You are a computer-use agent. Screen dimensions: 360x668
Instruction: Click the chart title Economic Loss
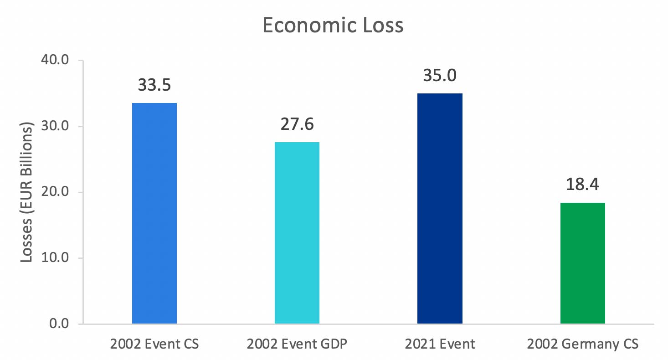pos(333,26)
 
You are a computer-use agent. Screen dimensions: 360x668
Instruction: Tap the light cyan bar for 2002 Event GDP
pos(297,233)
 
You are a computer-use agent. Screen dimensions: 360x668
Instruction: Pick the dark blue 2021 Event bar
pos(440,208)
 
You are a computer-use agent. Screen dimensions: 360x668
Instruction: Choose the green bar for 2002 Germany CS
pos(582,263)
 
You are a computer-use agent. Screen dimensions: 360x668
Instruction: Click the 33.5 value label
pos(154,85)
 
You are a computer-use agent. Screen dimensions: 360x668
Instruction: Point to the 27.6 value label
pos(297,124)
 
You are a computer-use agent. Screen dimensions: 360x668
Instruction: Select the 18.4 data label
pos(582,185)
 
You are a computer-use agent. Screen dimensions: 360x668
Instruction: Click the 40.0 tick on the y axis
pos(55,61)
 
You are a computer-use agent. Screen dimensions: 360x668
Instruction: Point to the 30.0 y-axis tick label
pos(55,126)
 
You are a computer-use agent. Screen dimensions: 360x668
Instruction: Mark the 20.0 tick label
pos(55,192)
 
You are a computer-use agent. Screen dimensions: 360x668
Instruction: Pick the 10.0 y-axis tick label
pos(55,258)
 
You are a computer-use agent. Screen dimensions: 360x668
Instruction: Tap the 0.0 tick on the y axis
pos(58,324)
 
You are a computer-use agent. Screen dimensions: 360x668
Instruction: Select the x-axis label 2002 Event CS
pos(154,344)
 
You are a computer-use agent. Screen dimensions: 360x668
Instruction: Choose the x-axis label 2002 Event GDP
pos(297,344)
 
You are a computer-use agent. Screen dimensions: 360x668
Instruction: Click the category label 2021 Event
pos(440,344)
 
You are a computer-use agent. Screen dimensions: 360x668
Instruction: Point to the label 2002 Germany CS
pos(582,344)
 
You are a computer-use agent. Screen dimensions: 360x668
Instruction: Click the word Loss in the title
pos(380,26)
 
